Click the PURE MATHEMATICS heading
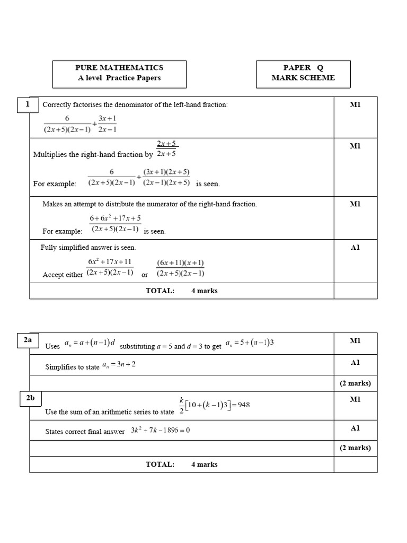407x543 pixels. [119, 68]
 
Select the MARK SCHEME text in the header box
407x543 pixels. [303, 78]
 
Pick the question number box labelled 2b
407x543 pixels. [28, 399]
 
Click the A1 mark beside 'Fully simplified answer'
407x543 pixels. [355, 248]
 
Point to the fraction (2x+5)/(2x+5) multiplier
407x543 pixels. [166, 149]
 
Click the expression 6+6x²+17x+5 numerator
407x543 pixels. [115, 218]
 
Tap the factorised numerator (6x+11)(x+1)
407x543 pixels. [180, 263]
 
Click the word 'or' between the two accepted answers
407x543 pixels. [145, 275]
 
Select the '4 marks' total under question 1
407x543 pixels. [204, 291]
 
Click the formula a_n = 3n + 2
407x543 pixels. [119, 365]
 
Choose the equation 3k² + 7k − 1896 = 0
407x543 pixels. [161, 430]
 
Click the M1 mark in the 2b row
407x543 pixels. [355, 399]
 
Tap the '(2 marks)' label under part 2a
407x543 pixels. [355, 383]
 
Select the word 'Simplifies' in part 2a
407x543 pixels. [60, 367]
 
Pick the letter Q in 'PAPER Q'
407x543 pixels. [320, 68]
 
